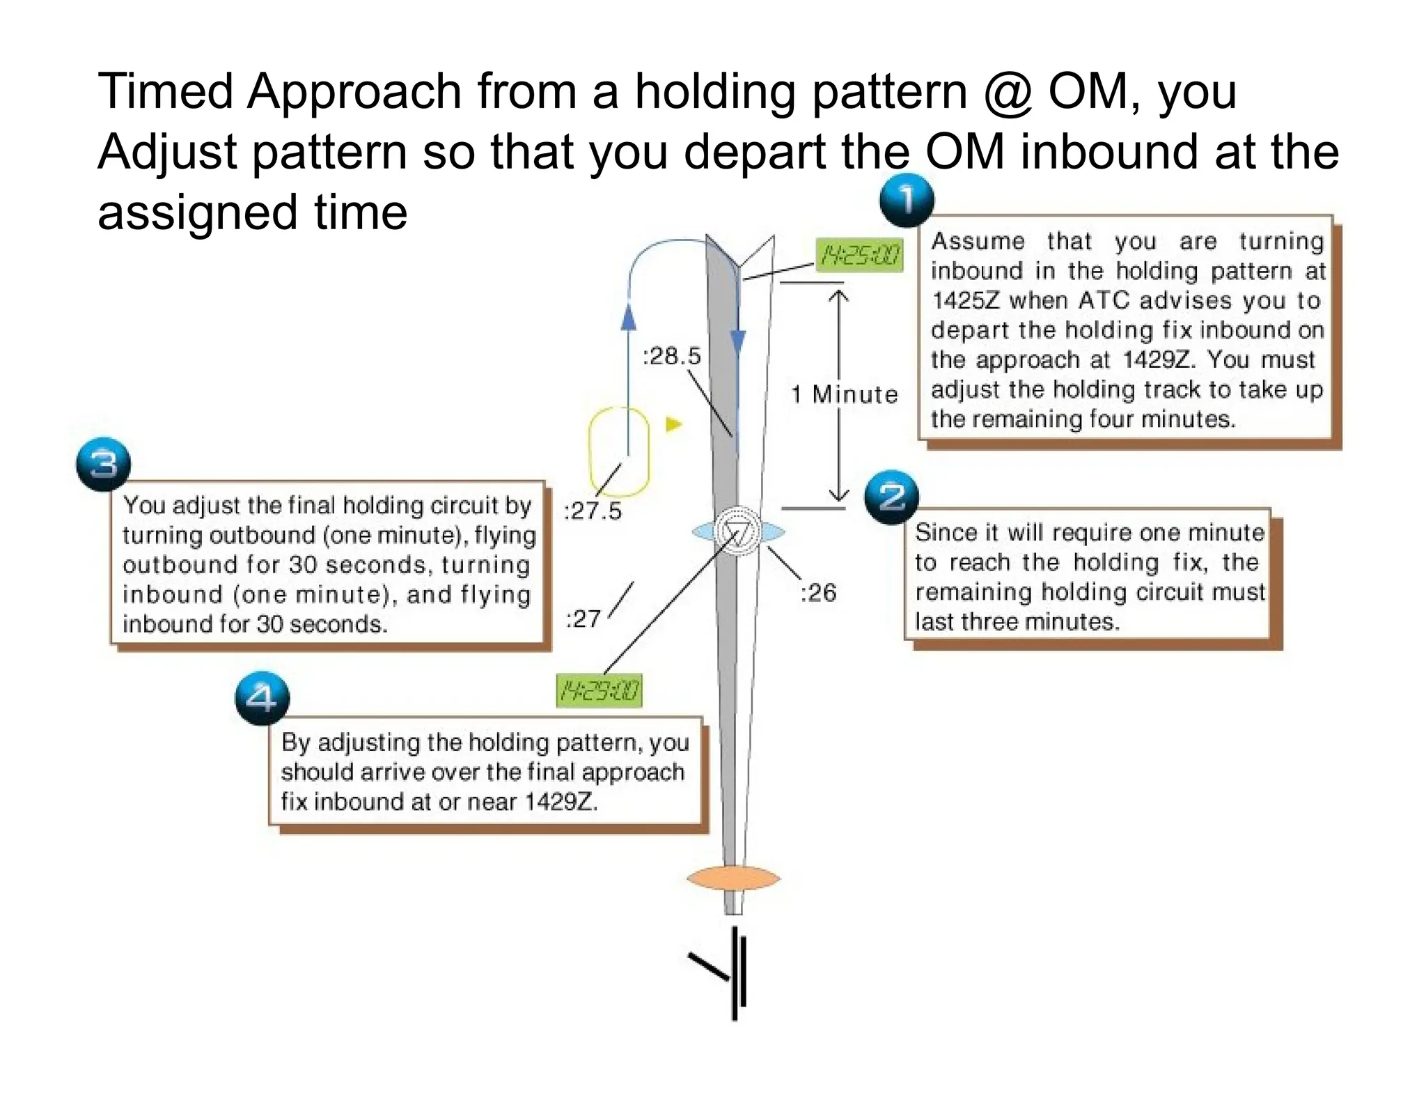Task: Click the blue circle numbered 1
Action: (907, 201)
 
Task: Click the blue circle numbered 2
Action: (891, 497)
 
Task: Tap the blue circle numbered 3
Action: (103, 465)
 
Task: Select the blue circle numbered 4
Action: (262, 698)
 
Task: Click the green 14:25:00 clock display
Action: (859, 255)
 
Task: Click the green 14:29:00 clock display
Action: (600, 691)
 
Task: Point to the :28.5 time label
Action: (671, 356)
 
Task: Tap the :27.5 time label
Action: (592, 511)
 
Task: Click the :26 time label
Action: (817, 593)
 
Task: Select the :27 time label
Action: (583, 619)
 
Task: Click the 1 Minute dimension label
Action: (844, 394)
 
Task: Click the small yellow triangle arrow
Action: (673, 424)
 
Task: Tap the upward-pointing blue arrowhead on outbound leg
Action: (628, 316)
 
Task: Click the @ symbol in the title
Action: (1008, 92)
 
